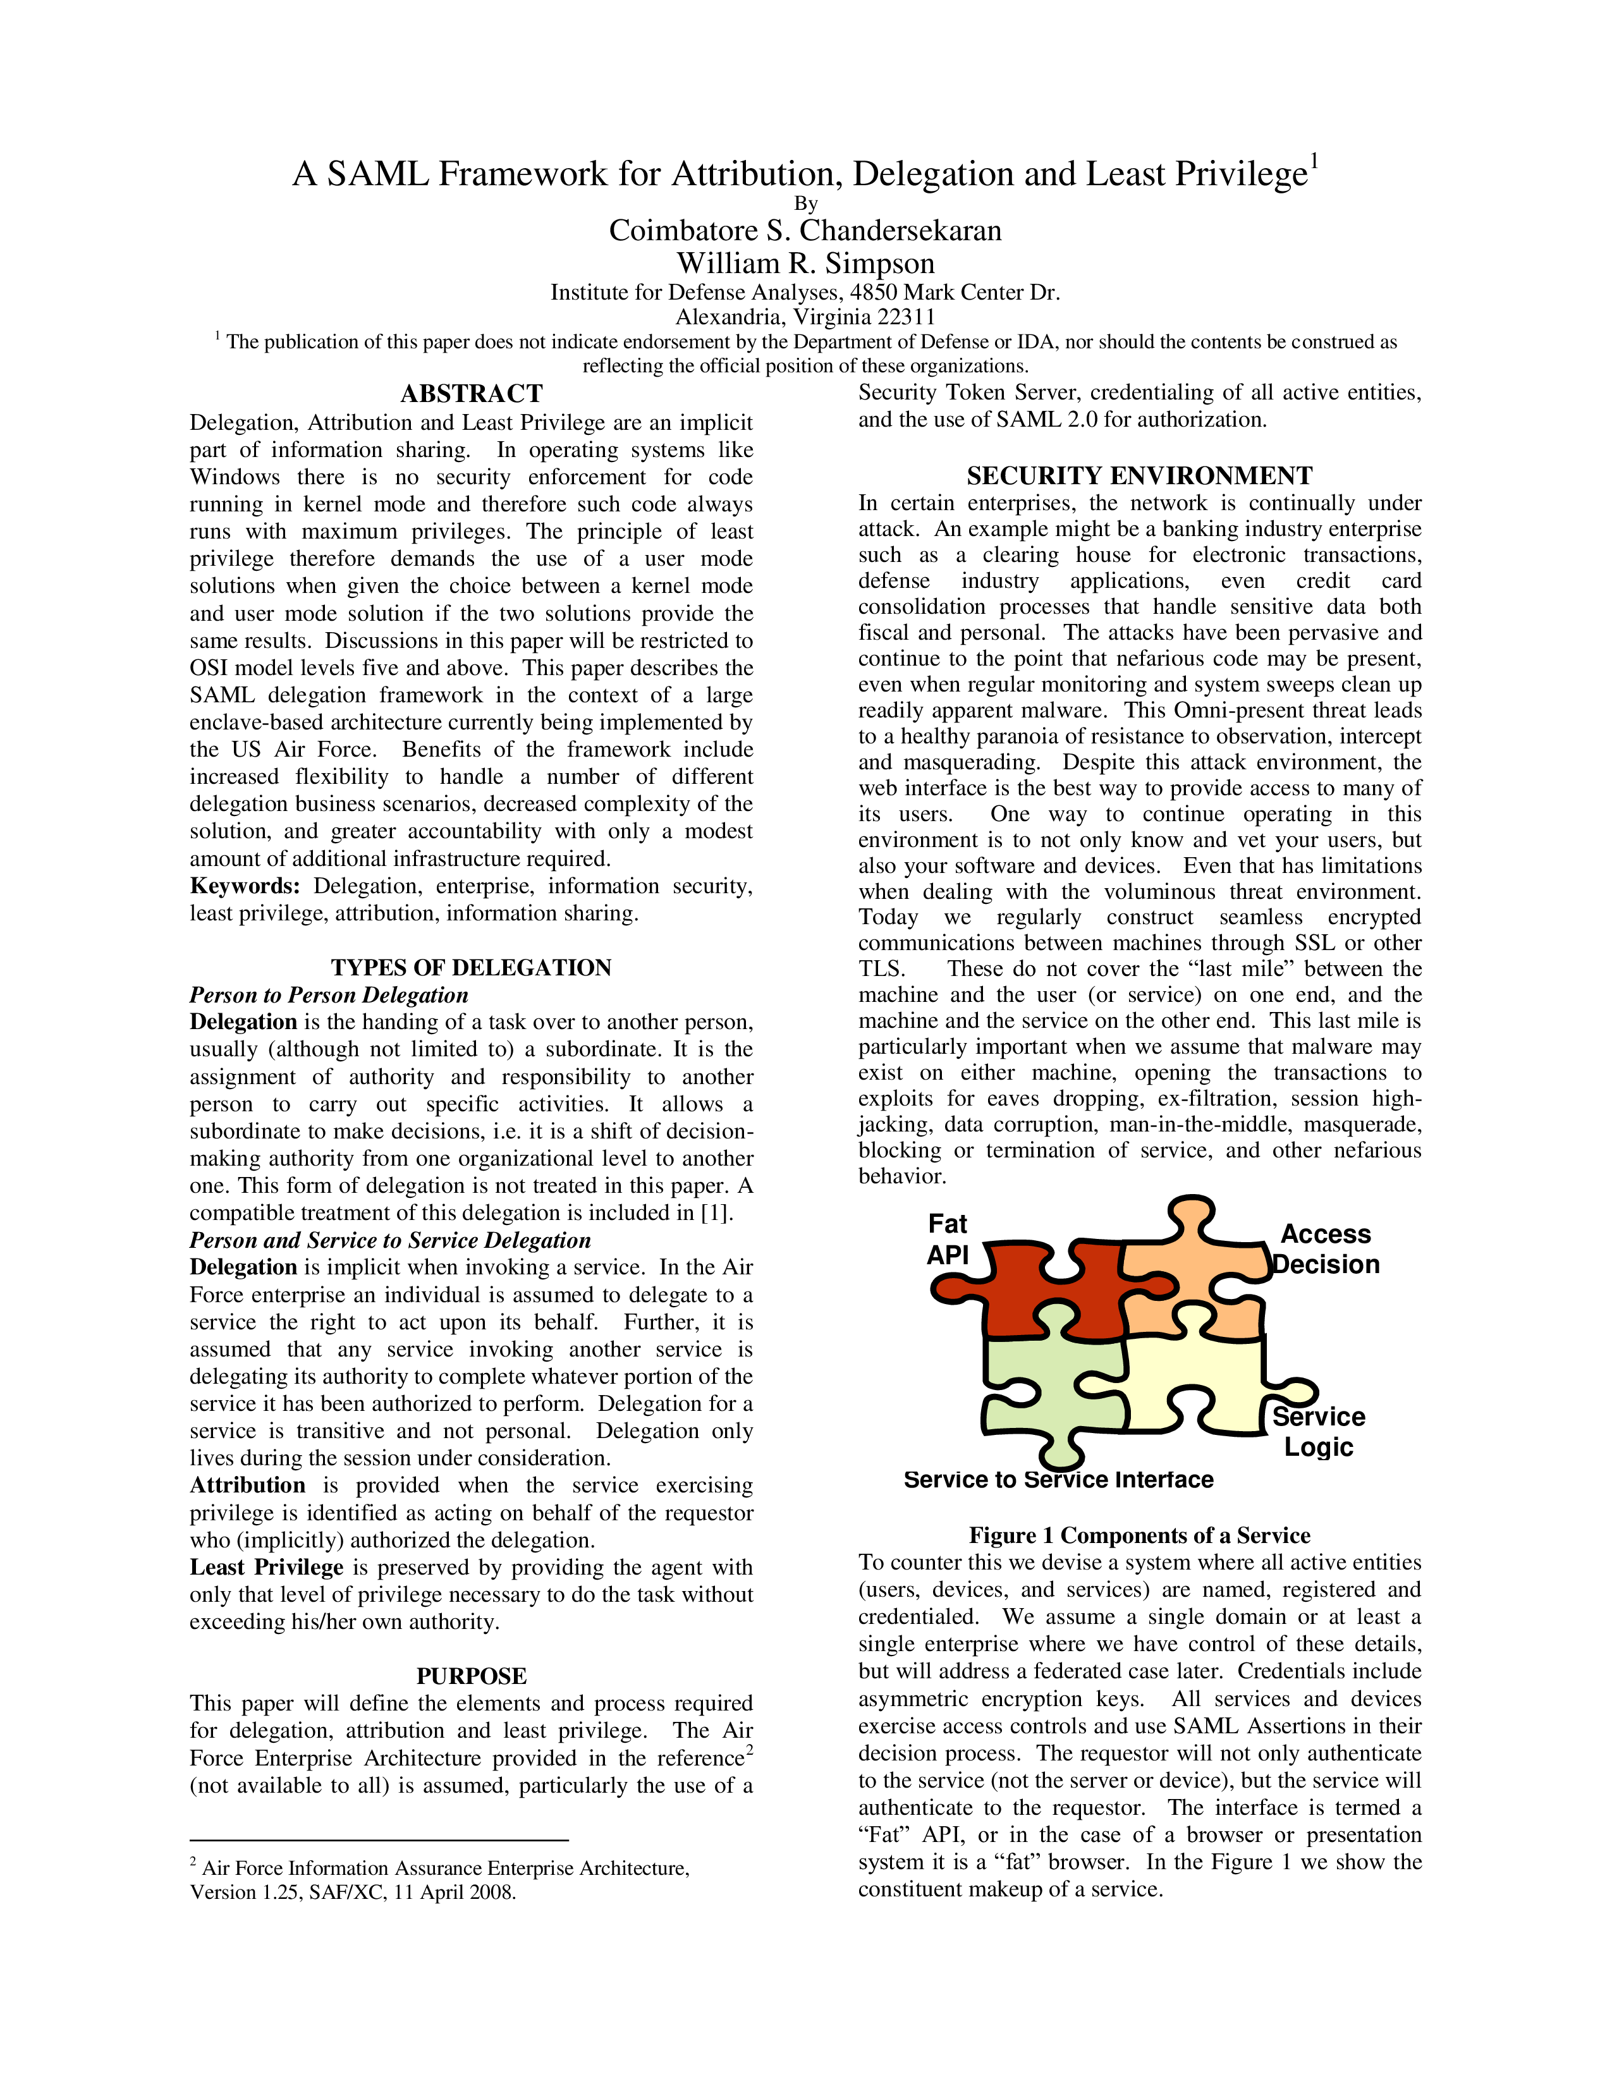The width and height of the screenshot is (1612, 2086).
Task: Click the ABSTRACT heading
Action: tap(471, 394)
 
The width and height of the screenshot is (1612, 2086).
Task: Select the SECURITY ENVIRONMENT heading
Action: tap(1139, 475)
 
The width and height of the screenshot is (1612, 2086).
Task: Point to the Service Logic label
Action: tap(1318, 1432)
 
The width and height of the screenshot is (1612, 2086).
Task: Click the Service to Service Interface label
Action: tap(1058, 1480)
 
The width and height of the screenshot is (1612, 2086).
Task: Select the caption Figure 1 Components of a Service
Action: tap(1139, 1535)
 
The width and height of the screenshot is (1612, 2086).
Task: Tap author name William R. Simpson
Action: tap(805, 263)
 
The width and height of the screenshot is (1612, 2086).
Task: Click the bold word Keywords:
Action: tap(245, 886)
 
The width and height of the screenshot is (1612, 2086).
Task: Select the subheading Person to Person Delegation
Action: tap(329, 994)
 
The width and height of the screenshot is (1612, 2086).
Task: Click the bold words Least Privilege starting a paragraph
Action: tap(266, 1568)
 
